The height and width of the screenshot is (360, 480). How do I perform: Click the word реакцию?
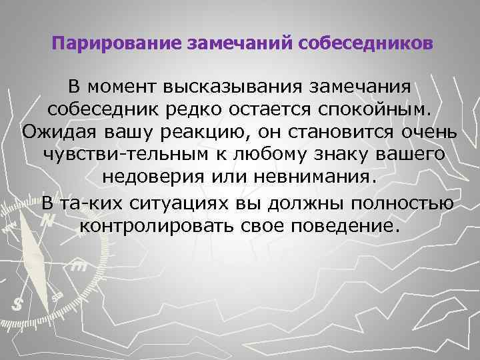(x=209, y=132)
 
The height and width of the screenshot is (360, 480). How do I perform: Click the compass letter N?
(x=46, y=220)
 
